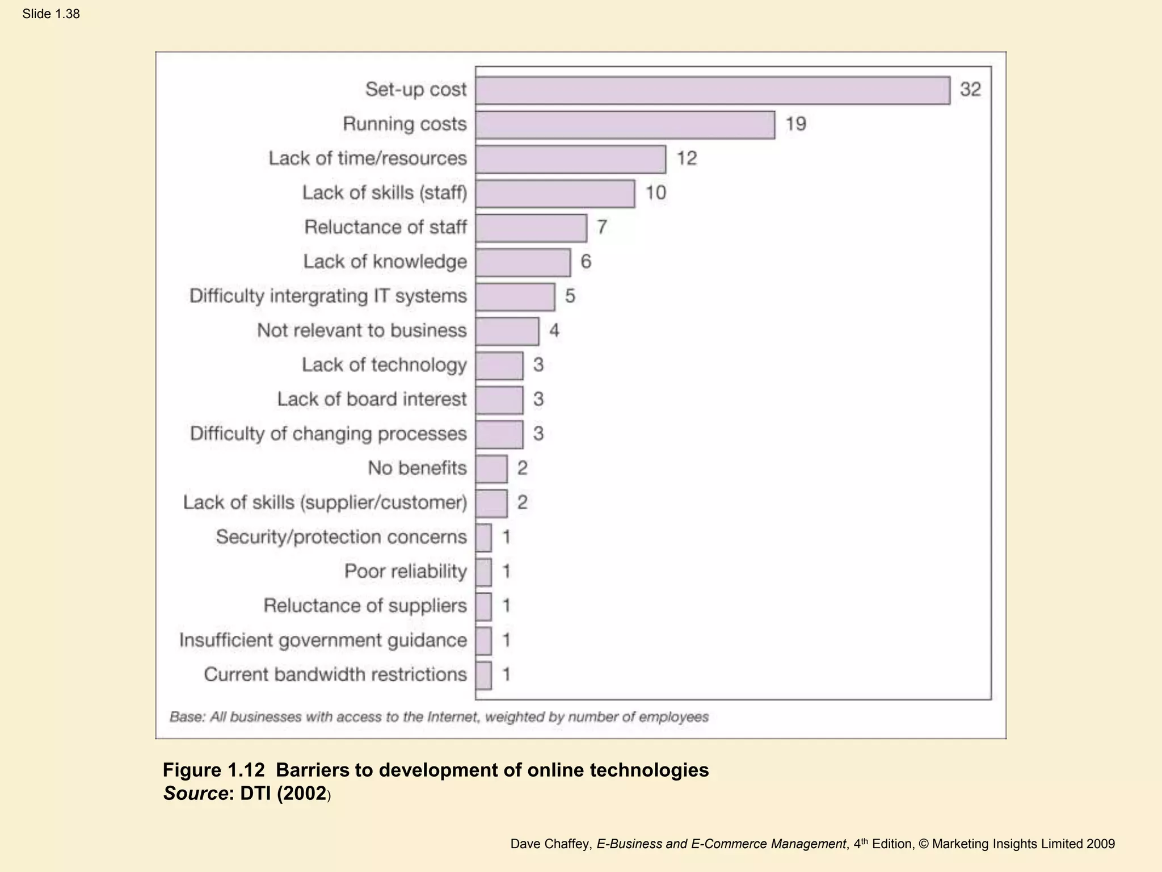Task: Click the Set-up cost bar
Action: point(713,91)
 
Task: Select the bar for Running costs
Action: point(625,125)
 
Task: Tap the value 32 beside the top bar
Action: point(970,90)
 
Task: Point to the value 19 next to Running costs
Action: point(795,124)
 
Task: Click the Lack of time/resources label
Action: point(368,158)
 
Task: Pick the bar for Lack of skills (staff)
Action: point(555,194)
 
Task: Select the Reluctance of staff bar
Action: point(531,228)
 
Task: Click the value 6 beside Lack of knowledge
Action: point(586,262)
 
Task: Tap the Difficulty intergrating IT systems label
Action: point(328,296)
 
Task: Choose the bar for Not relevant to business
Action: point(507,332)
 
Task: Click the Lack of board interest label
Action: point(372,399)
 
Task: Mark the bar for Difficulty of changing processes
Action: point(499,435)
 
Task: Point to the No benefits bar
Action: point(491,469)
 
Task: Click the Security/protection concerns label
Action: point(341,536)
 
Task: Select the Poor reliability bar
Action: point(484,572)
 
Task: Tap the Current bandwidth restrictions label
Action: point(335,674)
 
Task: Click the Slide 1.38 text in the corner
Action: point(51,14)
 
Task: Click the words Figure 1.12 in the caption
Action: point(213,770)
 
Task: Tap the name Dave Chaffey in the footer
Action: point(549,844)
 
